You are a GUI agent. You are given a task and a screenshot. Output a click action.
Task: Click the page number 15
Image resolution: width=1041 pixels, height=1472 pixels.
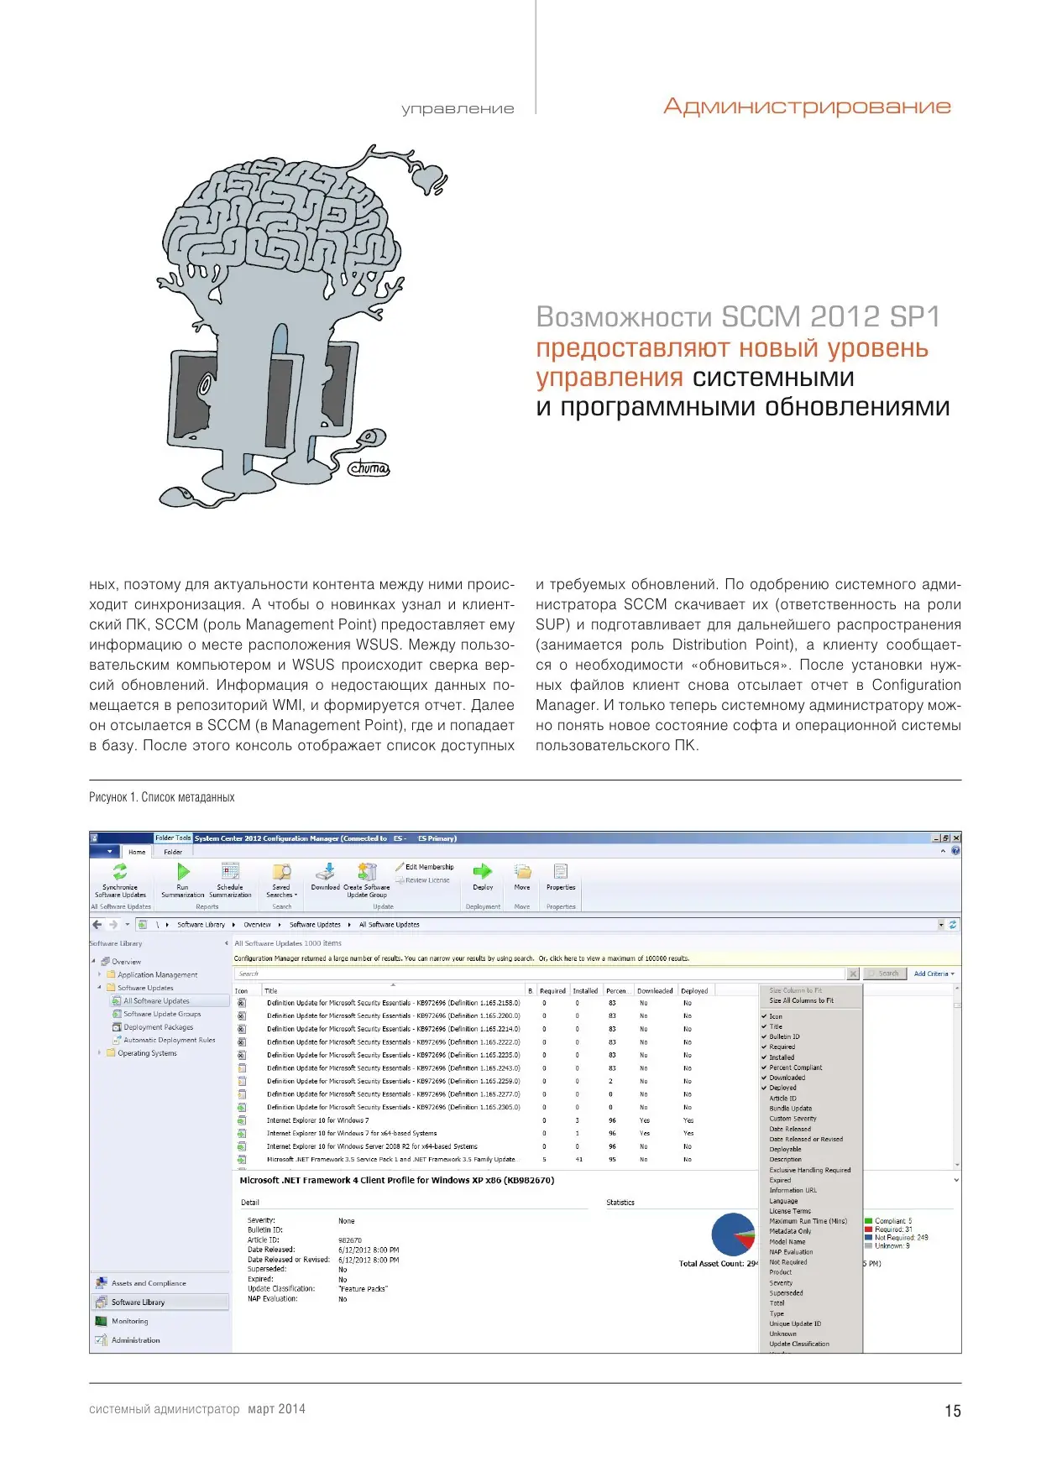point(953,1411)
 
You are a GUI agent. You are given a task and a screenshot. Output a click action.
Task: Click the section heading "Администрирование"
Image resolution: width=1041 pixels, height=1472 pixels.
point(807,107)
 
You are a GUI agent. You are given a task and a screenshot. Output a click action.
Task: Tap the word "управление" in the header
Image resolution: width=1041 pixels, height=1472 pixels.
point(458,108)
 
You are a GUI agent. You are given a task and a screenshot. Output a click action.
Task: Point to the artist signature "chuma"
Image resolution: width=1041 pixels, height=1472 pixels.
point(369,468)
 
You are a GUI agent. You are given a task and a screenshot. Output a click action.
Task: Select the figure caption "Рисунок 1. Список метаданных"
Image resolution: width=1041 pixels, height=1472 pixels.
point(162,797)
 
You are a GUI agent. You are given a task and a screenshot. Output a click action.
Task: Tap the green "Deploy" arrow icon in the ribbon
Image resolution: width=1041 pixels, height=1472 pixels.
point(483,872)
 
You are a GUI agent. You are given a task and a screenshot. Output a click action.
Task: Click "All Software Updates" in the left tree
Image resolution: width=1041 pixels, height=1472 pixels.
point(156,1001)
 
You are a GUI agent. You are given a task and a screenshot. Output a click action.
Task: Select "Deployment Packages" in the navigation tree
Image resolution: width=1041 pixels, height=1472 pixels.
point(158,1027)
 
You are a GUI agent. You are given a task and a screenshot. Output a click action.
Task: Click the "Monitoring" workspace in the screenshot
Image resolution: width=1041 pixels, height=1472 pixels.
point(129,1321)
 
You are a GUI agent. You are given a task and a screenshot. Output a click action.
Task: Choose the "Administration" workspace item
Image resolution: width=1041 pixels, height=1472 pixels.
point(135,1340)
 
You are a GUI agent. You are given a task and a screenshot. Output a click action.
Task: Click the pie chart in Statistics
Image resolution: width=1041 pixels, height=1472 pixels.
point(732,1234)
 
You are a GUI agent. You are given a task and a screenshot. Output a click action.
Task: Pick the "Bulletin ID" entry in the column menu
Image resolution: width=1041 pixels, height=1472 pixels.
point(784,1036)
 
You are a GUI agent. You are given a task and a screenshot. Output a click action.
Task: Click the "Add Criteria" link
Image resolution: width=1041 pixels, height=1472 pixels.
point(933,974)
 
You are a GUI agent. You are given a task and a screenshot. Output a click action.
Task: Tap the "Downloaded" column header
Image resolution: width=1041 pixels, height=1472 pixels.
point(655,991)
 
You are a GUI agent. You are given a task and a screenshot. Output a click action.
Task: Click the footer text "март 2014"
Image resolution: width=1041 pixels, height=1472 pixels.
point(276,1409)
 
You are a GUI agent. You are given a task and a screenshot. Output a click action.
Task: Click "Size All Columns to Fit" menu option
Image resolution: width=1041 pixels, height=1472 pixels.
point(801,1000)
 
